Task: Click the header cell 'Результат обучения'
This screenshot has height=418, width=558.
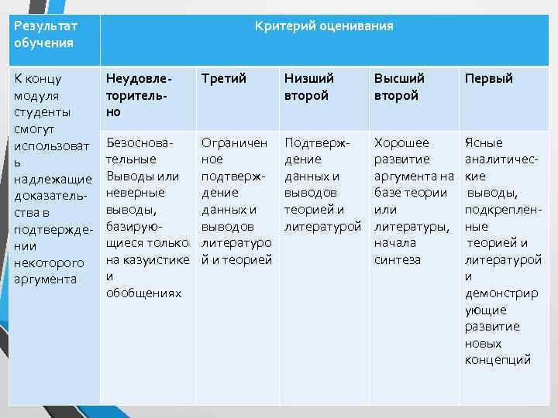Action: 46,34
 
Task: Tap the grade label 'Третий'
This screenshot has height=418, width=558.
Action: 224,78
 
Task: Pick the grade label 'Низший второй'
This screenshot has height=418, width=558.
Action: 308,87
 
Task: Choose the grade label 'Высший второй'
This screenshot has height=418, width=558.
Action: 399,87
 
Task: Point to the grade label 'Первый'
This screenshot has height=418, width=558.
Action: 488,78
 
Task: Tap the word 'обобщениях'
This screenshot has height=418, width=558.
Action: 143,293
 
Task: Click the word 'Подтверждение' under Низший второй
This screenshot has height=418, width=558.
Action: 318,151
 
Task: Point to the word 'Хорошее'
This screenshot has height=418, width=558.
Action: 401,142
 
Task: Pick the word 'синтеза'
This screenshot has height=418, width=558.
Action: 398,259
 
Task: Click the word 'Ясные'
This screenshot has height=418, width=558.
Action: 483,142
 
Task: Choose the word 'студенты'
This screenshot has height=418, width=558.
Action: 43,111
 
